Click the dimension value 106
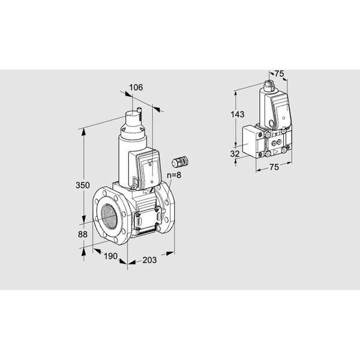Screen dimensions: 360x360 [x=136, y=88]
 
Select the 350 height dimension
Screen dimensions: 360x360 [x=83, y=185]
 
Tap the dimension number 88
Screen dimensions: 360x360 [x=83, y=235]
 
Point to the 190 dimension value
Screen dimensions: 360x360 [x=110, y=256]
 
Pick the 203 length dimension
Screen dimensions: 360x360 [x=149, y=260]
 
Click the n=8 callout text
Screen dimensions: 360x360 [x=174, y=175]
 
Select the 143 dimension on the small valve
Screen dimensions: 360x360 [x=238, y=115]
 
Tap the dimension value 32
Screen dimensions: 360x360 [x=235, y=154]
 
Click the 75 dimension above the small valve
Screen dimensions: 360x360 [x=279, y=74]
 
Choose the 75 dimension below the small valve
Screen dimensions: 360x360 [x=274, y=167]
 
